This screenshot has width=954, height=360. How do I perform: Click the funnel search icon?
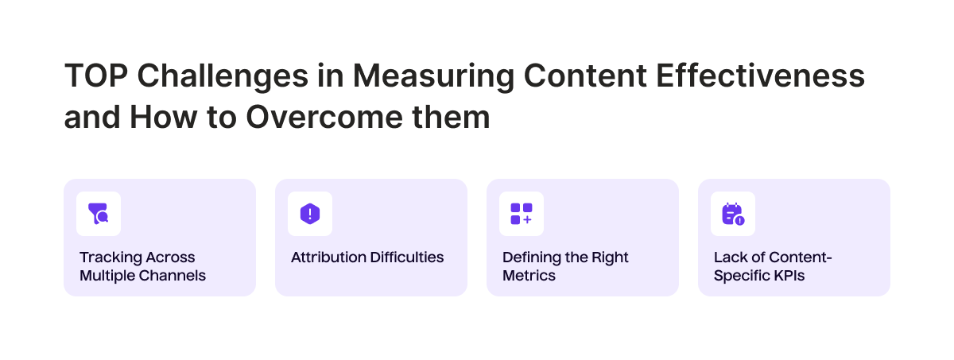(99, 214)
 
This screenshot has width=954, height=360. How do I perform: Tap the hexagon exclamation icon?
(310, 214)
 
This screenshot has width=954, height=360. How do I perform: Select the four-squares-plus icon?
(522, 214)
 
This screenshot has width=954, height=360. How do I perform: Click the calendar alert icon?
(733, 214)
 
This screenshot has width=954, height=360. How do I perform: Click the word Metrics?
(529, 277)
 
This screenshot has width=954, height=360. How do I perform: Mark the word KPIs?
(785, 277)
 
